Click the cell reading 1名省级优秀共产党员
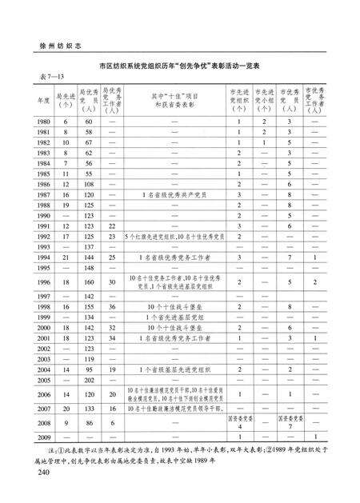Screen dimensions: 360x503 coord(169,194)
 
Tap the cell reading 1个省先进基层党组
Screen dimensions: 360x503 coord(169,317)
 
